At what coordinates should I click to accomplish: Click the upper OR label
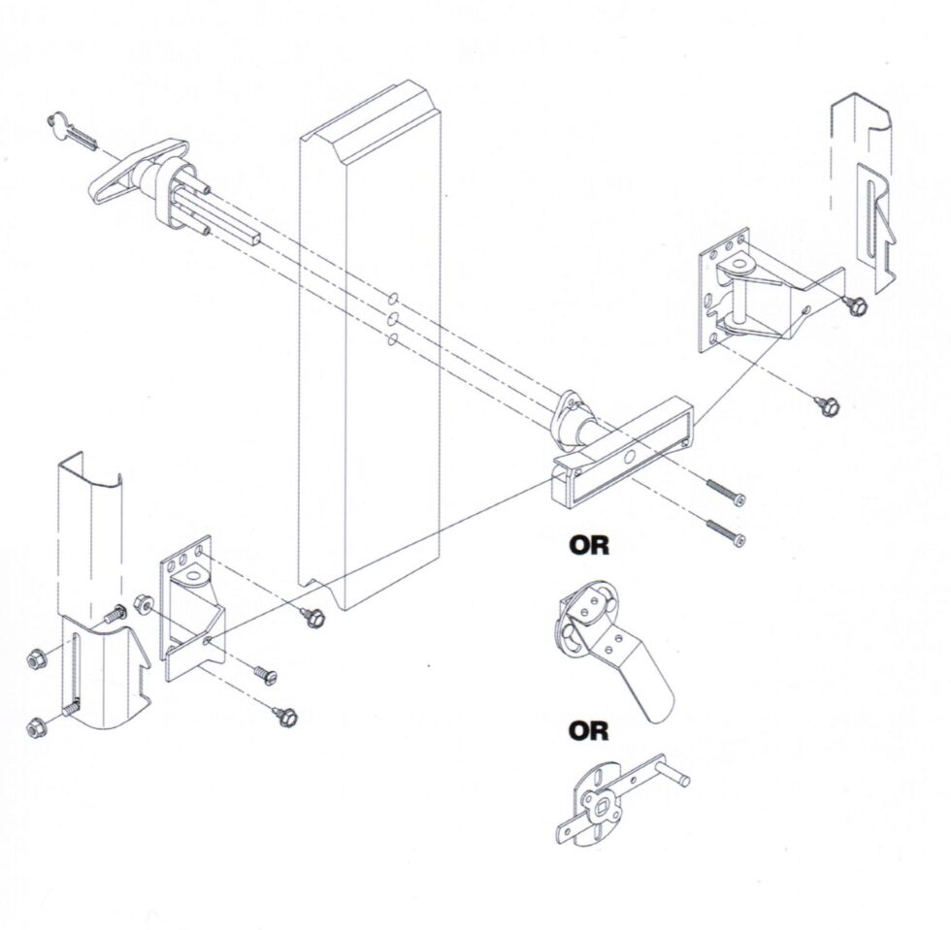[589, 546]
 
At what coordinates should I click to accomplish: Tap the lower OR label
[589, 729]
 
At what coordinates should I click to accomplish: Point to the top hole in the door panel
[393, 297]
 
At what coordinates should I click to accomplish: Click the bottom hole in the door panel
[392, 339]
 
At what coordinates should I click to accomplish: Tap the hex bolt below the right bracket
[827, 405]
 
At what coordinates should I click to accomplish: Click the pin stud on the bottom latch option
[675, 776]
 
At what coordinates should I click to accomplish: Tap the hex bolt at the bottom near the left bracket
[285, 717]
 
